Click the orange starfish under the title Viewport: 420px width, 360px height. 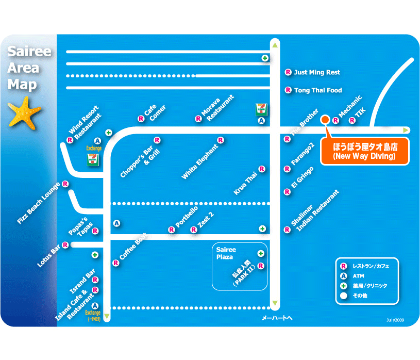pos(25,115)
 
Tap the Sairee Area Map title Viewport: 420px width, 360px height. pos(29,68)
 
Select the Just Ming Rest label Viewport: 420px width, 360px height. pos(317,73)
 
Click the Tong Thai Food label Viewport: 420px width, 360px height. pos(318,90)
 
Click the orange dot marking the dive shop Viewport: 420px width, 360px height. pos(325,120)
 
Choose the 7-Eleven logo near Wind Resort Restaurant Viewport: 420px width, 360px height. pos(93,159)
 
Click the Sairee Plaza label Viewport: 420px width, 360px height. pos(225,253)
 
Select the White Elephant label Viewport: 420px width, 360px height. pos(200,161)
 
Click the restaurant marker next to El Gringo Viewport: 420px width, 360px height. pos(288,192)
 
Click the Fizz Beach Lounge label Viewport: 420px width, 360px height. pos(38,203)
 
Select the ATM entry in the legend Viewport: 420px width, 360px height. pos(358,276)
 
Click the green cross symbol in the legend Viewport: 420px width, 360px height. pos(343,285)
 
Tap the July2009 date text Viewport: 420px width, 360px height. pos(395,320)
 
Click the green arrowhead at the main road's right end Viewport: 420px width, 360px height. pos(407,130)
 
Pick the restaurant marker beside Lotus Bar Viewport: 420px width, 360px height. pos(66,245)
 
